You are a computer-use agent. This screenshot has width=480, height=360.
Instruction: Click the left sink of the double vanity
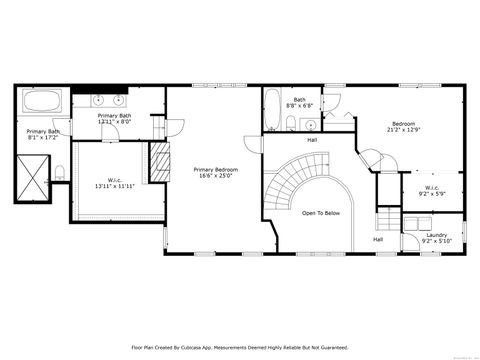[100, 100]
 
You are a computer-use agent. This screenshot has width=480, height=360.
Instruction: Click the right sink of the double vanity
[119, 100]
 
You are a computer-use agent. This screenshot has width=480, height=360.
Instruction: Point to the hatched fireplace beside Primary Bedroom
[155, 157]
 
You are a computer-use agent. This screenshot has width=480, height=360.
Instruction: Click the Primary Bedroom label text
[215, 170]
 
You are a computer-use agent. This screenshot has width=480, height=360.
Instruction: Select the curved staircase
[291, 185]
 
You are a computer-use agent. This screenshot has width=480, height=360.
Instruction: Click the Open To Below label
[321, 213]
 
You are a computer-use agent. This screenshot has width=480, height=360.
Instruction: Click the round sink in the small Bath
[310, 125]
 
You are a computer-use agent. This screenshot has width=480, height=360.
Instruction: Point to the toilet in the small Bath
[290, 125]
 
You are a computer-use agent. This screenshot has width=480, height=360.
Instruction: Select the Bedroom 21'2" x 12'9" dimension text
[404, 130]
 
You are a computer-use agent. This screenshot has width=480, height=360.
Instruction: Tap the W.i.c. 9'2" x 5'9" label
[432, 190]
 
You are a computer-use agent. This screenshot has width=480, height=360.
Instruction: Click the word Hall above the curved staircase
[312, 140]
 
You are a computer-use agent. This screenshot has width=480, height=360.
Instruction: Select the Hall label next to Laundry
[378, 239]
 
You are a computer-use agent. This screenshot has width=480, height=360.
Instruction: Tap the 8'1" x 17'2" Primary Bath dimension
[43, 138]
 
